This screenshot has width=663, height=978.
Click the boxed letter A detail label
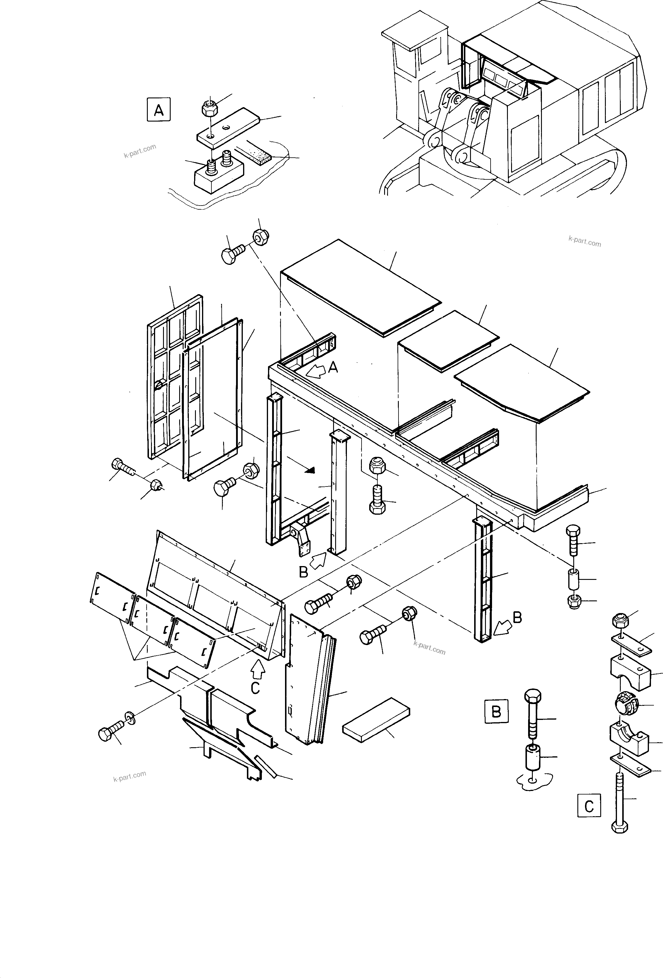point(159,110)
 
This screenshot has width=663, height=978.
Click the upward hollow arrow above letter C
point(258,669)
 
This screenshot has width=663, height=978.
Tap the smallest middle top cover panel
point(448,340)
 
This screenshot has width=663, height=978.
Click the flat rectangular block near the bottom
point(376,720)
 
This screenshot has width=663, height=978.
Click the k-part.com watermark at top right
point(584,241)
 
